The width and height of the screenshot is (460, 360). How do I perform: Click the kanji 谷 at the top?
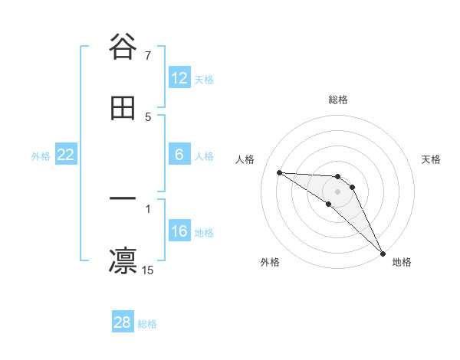(123, 47)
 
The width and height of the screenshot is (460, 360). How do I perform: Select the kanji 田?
(123, 108)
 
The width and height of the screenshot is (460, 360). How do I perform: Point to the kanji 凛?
(123, 260)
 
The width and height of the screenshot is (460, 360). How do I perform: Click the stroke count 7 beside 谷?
(148, 56)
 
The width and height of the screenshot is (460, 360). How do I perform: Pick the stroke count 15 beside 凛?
(148, 270)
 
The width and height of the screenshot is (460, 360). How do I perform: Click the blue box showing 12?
(179, 78)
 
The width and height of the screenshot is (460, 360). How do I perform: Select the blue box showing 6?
(179, 155)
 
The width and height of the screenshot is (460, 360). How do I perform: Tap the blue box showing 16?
(179, 231)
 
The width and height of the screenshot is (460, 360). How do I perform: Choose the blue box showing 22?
(66, 155)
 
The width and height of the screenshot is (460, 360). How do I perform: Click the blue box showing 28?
(123, 322)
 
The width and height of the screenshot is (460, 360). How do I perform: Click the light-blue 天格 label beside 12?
(204, 79)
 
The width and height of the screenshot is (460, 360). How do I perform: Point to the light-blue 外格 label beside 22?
(41, 155)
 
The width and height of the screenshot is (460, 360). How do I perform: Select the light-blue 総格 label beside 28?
(147, 323)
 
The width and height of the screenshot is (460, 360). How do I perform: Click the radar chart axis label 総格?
(338, 100)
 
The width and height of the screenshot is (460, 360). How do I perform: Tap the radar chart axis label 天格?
(432, 159)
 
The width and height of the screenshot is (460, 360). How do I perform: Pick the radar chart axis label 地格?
(402, 262)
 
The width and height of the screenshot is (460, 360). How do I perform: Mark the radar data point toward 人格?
(279, 172)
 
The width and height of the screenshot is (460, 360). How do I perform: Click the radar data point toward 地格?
(383, 252)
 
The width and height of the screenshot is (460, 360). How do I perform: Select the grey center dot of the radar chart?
(338, 191)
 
